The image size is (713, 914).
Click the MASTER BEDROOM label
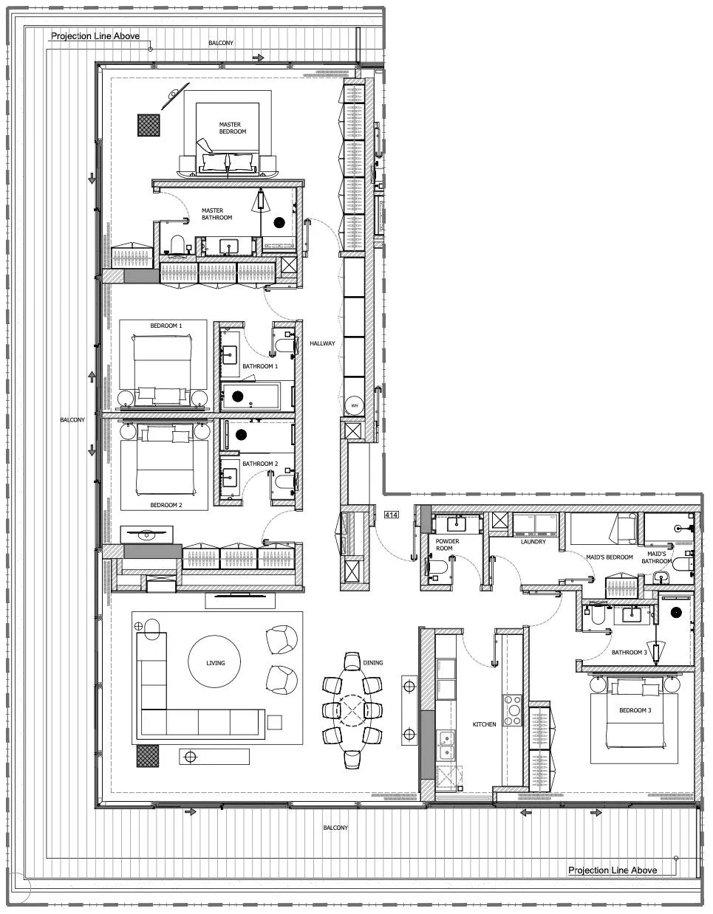(x=232, y=128)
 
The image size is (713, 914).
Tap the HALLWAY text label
(x=322, y=343)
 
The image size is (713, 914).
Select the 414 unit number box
(x=392, y=514)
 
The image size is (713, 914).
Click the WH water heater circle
(x=354, y=406)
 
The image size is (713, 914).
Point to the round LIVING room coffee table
(x=215, y=663)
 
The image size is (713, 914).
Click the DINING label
(x=373, y=663)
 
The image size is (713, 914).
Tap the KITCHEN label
(x=484, y=724)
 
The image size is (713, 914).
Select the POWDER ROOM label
(x=443, y=545)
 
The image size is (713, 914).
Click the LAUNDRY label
(x=533, y=542)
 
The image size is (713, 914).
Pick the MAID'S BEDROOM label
(x=610, y=557)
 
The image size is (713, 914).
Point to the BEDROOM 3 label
(x=634, y=711)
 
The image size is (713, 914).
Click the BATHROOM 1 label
(x=260, y=366)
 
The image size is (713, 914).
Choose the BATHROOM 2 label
(x=260, y=464)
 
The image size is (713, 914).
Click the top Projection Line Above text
(x=95, y=35)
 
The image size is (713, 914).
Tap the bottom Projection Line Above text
(x=612, y=870)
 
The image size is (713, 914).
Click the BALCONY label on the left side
(x=72, y=420)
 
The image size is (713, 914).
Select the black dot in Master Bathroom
(x=279, y=221)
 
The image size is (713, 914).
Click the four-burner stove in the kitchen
(x=511, y=710)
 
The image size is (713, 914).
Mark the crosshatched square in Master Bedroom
(x=149, y=125)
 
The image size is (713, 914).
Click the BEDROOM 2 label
(x=166, y=505)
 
